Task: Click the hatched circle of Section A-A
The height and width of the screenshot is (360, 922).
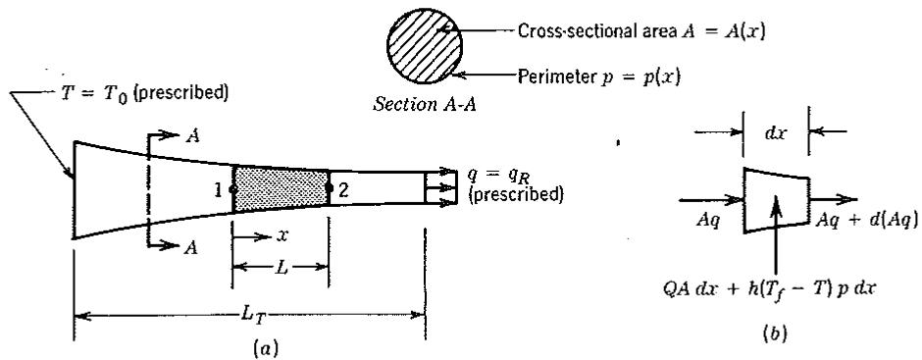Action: point(424,46)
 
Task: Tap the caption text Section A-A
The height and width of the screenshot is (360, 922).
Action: point(426,108)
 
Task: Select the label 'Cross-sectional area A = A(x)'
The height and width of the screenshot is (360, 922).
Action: point(640,31)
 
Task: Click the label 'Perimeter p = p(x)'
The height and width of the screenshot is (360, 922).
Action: point(599,77)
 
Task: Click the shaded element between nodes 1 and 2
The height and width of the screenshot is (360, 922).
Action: point(282,188)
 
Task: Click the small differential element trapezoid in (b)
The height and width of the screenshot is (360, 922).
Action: point(776,200)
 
